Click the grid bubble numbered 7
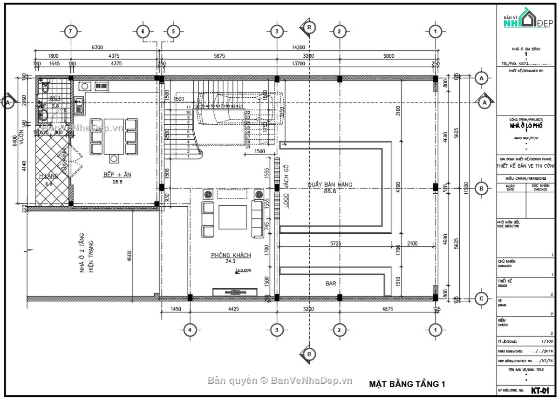(70, 32)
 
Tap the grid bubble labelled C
(481, 298)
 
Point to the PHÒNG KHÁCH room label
(231, 255)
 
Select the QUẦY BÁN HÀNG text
(330, 184)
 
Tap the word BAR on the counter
(331, 283)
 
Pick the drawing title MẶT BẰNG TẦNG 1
(407, 384)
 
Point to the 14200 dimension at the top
(298, 47)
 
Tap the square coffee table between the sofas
(232, 217)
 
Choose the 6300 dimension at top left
(97, 47)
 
